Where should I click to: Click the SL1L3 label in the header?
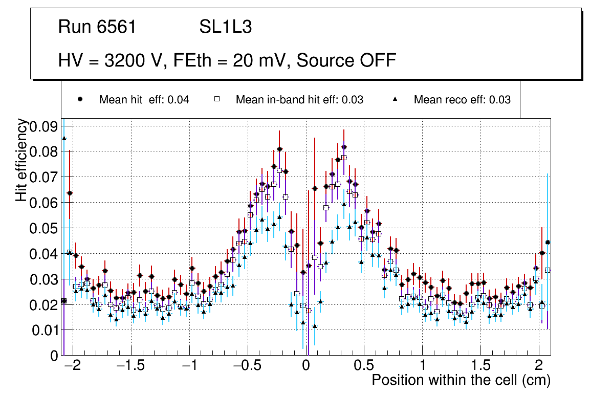tap(225, 27)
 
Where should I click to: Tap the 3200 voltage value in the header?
tap(124, 60)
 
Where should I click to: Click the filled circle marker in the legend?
tap(80, 99)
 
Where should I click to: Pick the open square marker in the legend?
tap(217, 99)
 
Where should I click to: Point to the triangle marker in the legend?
tap(395, 99)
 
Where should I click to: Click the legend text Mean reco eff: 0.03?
tap(462, 100)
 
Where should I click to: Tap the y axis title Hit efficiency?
tap(21, 160)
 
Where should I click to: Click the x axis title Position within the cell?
tap(461, 380)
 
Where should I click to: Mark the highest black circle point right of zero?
tap(344, 147)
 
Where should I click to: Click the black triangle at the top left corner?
tap(64, 138)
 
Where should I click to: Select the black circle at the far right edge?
tap(548, 243)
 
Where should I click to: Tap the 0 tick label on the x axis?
tap(305, 366)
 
